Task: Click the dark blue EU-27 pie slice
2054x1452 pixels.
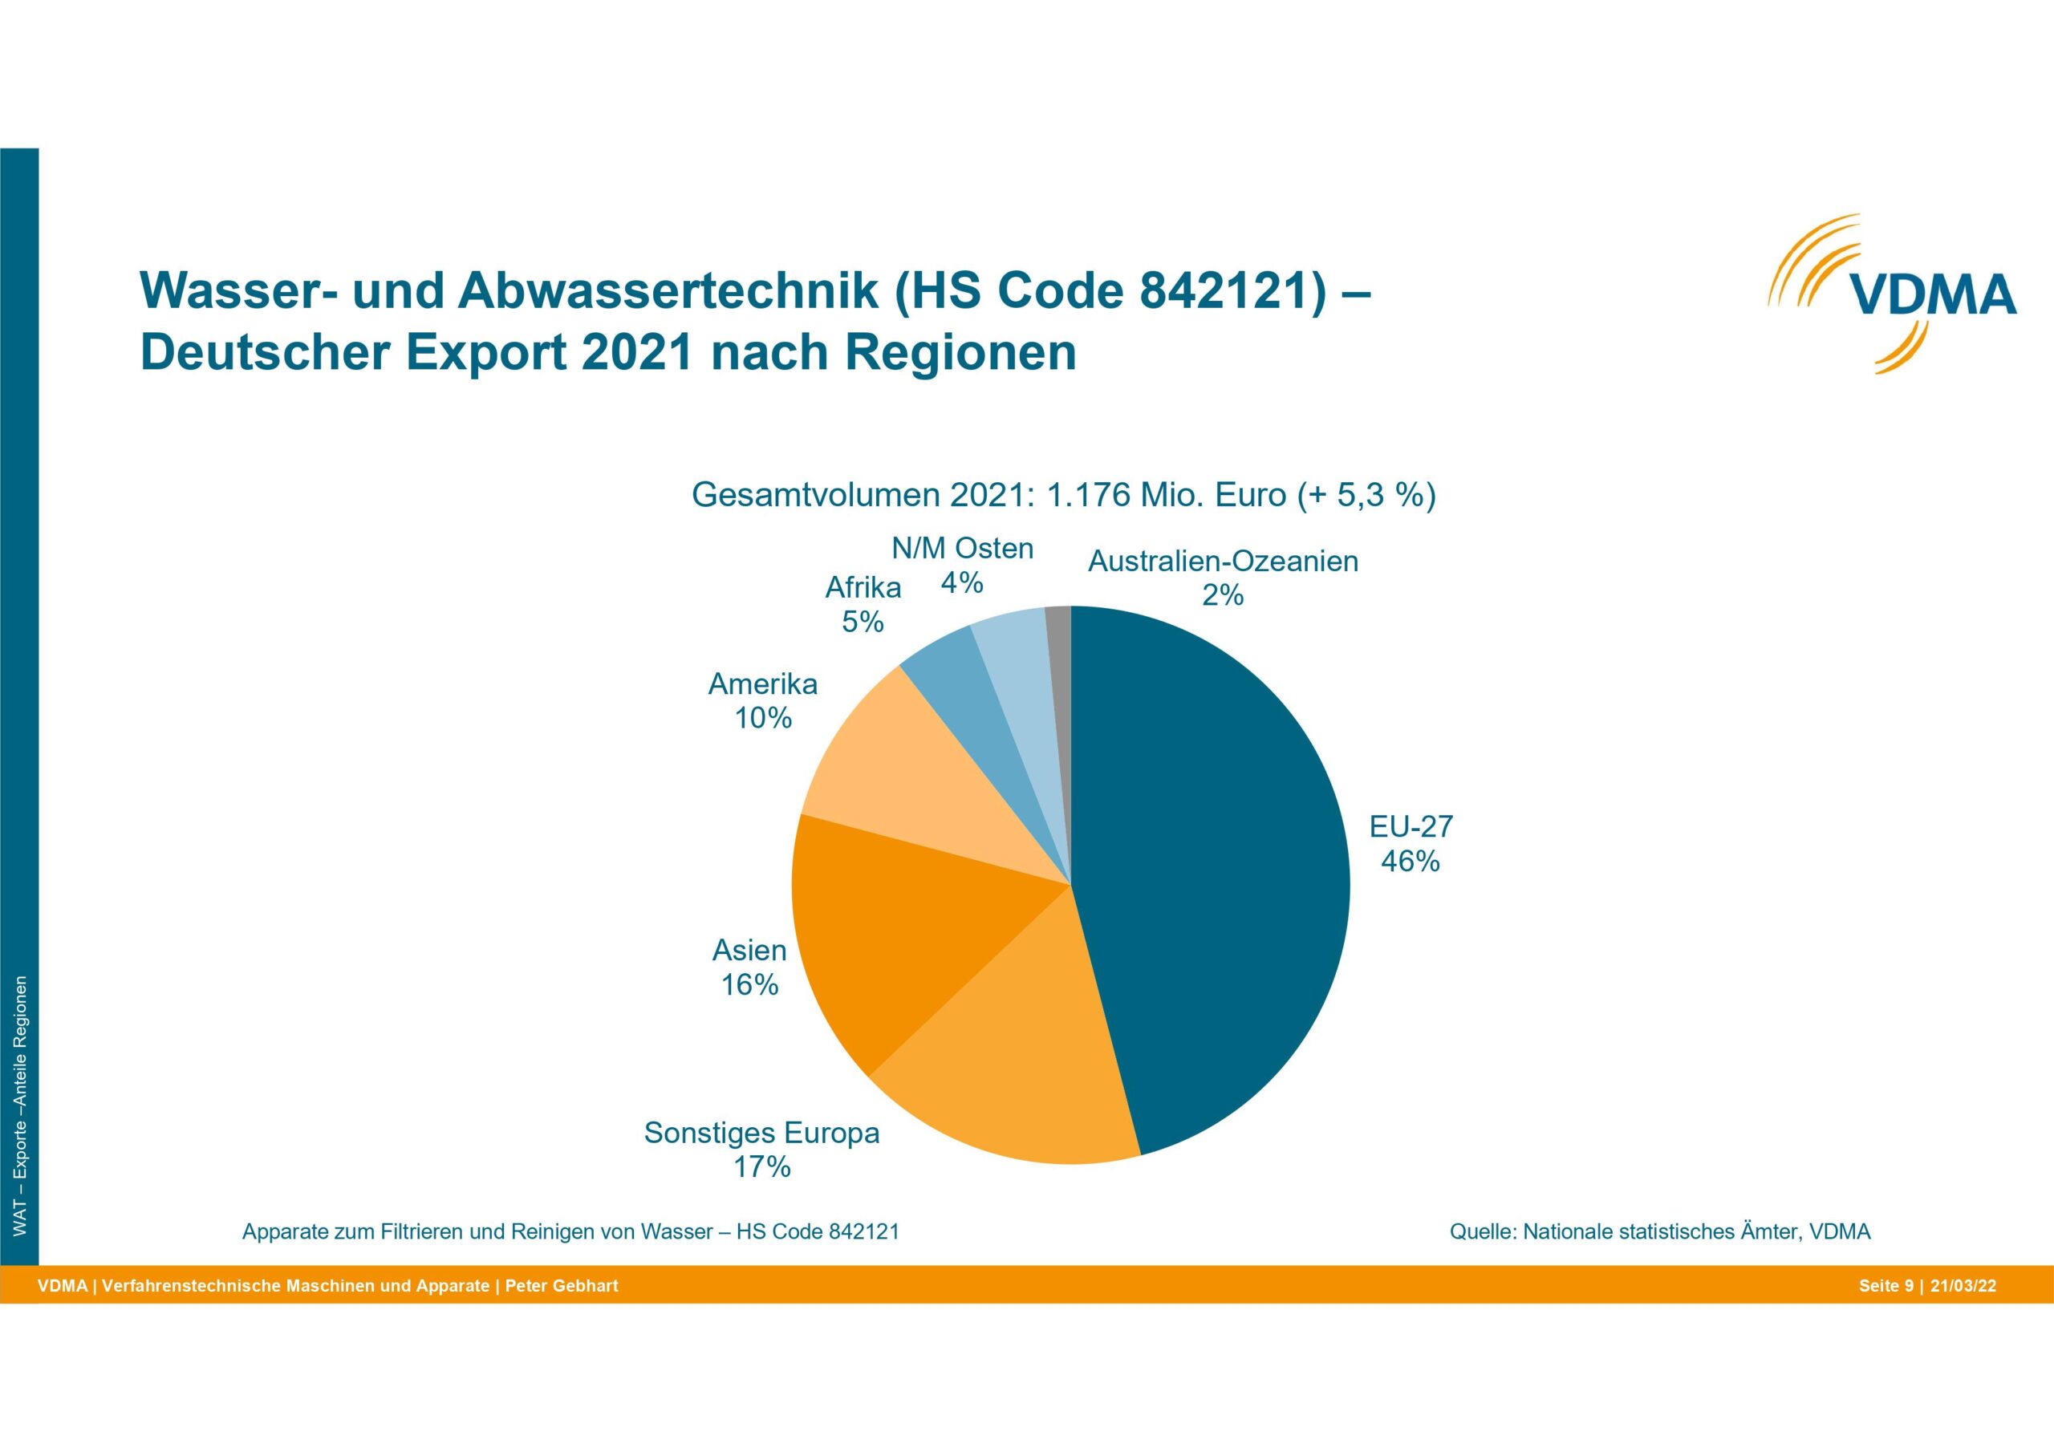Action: (1216, 877)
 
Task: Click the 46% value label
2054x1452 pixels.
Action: (1410, 861)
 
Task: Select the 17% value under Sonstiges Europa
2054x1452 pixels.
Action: (762, 1166)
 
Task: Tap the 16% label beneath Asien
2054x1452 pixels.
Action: (749, 985)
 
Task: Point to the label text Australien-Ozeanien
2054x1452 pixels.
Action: (1223, 562)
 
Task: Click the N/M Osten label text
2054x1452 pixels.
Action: (963, 548)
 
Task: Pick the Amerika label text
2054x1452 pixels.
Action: (763, 684)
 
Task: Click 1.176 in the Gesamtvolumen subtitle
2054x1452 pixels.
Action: (1087, 495)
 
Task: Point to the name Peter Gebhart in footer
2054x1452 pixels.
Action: (562, 1287)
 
